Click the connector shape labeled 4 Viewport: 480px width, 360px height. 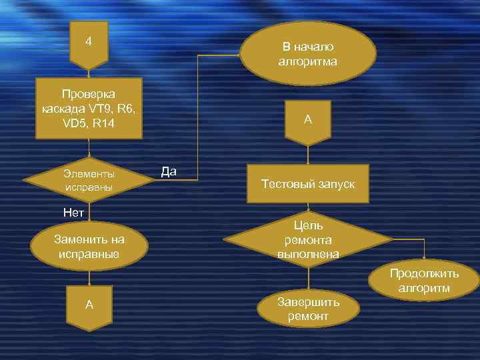(89, 44)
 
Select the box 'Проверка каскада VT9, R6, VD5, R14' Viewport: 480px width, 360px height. (89, 108)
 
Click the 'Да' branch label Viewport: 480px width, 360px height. (169, 172)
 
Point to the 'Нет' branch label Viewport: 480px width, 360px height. (73, 213)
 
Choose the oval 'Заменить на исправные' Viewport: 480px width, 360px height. (89, 247)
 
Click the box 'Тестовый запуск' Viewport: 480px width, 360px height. (307, 184)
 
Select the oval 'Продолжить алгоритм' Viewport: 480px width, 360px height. (425, 281)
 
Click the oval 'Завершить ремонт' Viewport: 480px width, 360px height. (308, 308)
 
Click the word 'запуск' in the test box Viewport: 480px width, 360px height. (333, 184)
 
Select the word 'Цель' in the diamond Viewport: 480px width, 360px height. (307, 225)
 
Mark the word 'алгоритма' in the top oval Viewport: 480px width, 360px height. (307, 62)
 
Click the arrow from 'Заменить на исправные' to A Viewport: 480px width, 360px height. (89, 277)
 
